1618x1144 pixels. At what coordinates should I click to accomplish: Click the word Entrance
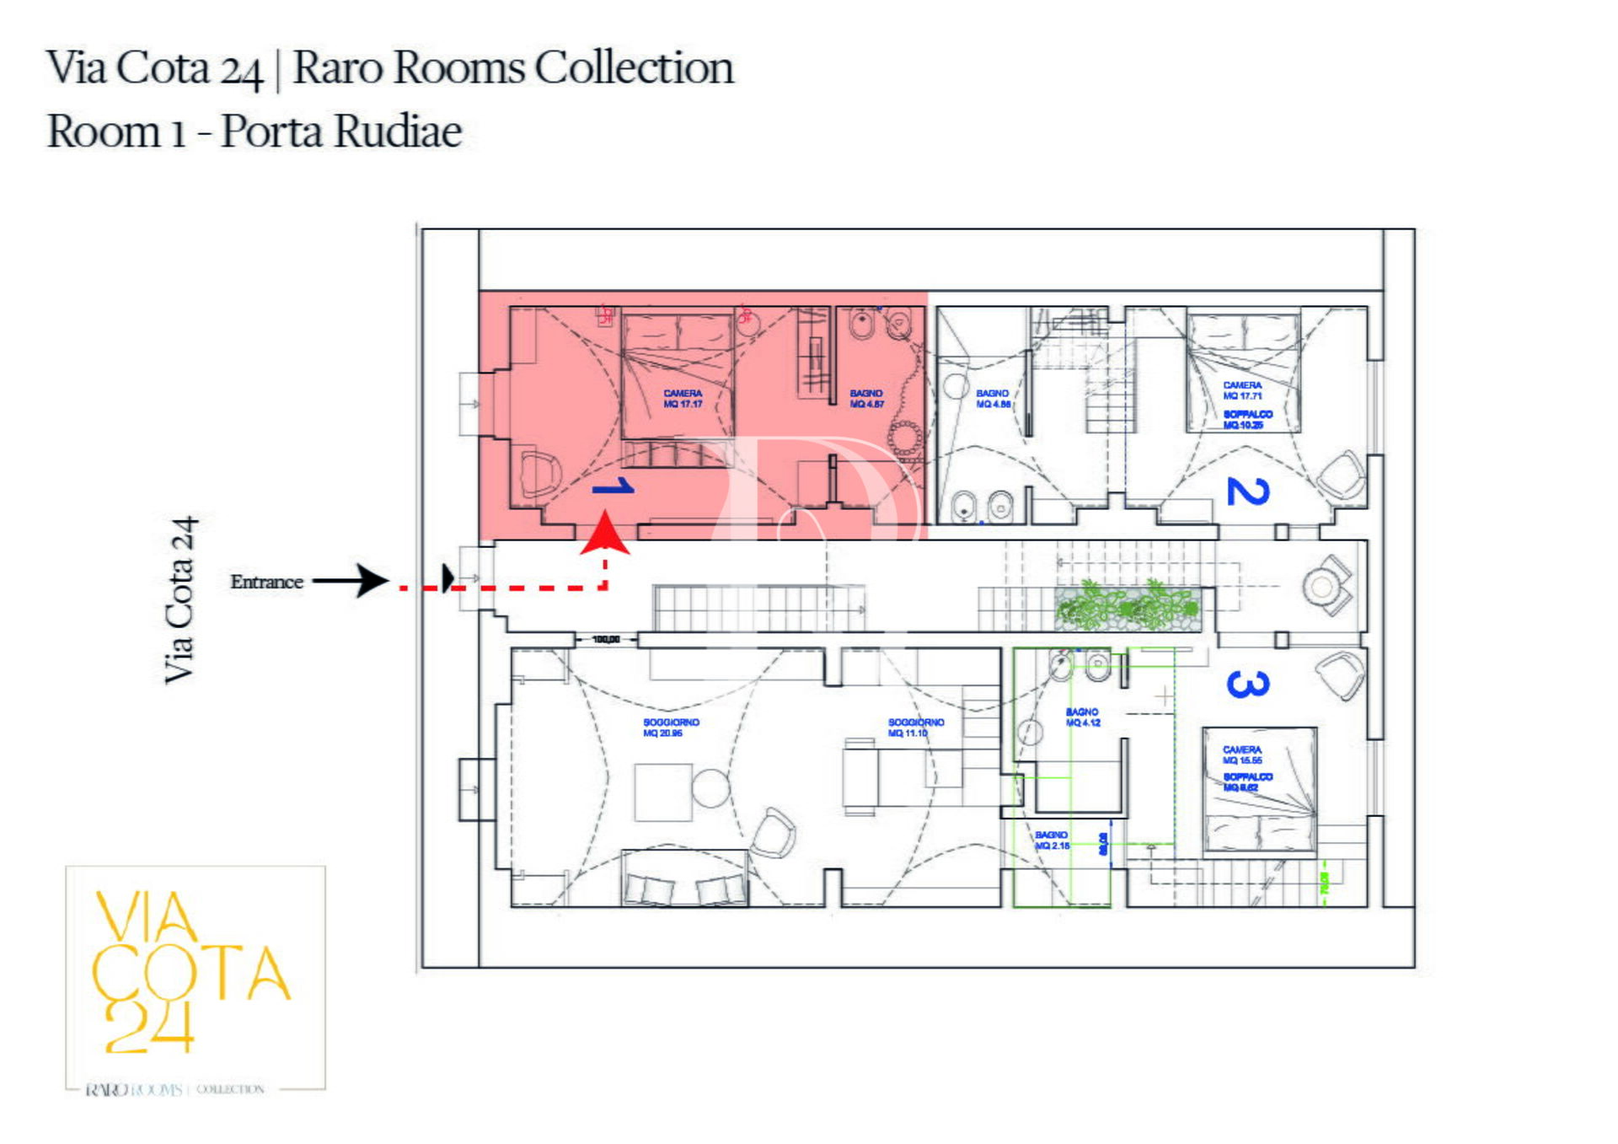(x=266, y=582)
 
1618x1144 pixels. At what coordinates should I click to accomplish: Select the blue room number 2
(x=1247, y=491)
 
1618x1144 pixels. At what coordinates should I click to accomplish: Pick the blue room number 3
(x=1247, y=684)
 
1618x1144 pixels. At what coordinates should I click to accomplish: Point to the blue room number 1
(x=614, y=487)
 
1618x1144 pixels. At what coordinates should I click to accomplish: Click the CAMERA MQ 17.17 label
(x=683, y=399)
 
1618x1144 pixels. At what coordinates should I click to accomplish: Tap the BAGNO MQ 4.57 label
(x=866, y=399)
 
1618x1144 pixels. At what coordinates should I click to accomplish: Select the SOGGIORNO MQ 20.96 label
(x=671, y=728)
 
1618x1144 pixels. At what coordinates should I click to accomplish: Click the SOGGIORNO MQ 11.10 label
(x=915, y=728)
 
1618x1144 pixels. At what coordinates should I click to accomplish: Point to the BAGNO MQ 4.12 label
(x=1082, y=717)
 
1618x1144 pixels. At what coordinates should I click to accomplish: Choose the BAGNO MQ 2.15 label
(x=1052, y=840)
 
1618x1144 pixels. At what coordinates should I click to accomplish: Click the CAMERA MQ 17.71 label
(x=1242, y=390)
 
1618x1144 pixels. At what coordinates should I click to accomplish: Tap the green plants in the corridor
(x=1126, y=606)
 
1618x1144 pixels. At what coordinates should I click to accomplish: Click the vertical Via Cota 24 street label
(x=180, y=599)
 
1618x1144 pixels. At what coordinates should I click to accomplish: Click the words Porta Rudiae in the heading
(x=341, y=132)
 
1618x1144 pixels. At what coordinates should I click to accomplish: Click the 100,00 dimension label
(x=606, y=640)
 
